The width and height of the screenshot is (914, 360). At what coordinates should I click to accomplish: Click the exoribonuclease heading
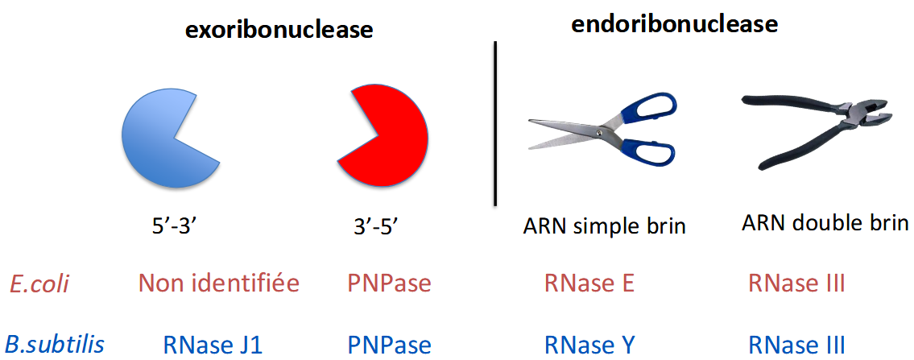(279, 31)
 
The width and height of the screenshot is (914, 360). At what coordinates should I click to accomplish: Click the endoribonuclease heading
(674, 24)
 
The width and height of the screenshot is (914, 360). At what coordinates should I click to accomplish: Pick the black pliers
(821, 129)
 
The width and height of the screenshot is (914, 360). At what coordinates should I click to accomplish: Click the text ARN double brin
(825, 223)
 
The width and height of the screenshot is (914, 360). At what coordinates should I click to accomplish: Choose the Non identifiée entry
(218, 283)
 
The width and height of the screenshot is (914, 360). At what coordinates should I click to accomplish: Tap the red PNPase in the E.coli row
(389, 283)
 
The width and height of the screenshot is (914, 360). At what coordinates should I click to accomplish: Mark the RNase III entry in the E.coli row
(796, 283)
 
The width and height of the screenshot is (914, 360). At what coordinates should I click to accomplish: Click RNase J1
(213, 345)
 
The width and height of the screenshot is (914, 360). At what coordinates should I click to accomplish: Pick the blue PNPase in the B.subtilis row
(389, 345)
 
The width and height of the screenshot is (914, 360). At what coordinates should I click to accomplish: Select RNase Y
(589, 345)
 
